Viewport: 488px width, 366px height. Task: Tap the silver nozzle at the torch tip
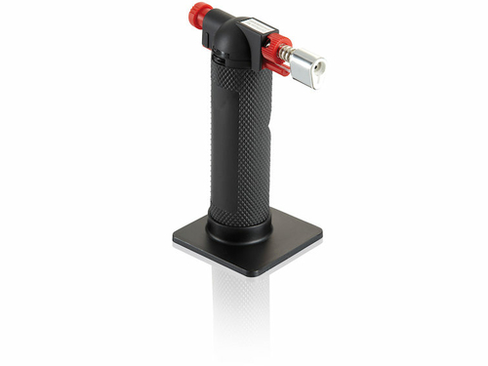pos(309,66)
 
